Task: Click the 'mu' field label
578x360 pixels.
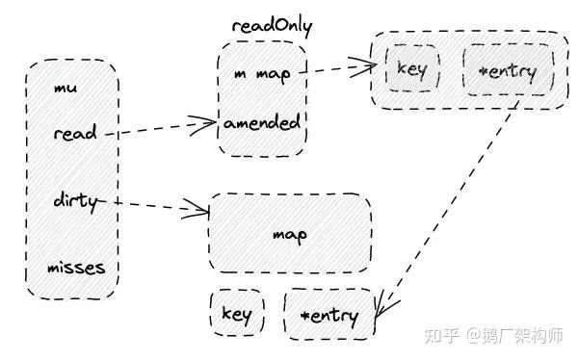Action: tap(66, 90)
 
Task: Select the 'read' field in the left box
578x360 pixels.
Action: tap(74, 133)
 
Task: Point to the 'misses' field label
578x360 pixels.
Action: tap(76, 267)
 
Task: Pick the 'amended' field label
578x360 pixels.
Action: tap(262, 123)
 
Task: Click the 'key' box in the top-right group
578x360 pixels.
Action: tap(412, 70)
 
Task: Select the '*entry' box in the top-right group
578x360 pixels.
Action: tap(508, 71)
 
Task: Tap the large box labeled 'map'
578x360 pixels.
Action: tap(289, 234)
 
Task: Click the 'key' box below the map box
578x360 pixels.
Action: tap(236, 314)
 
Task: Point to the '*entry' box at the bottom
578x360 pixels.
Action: tap(328, 315)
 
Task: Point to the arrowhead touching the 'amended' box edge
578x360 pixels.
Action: tap(212, 122)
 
